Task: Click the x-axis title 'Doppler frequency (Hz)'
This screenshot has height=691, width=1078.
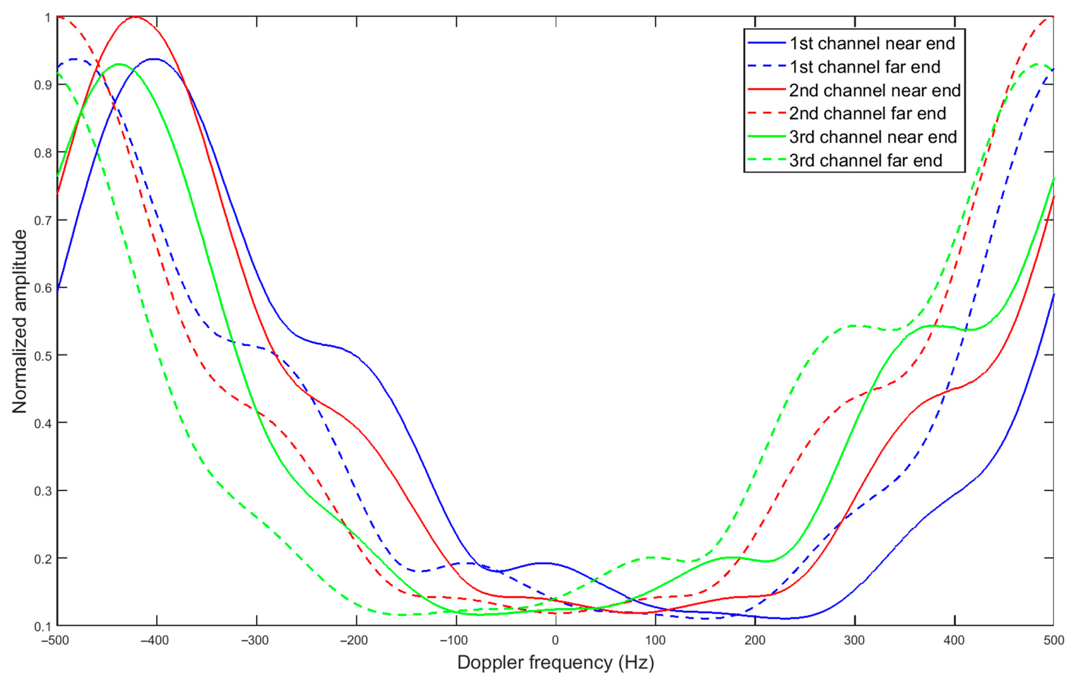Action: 555,662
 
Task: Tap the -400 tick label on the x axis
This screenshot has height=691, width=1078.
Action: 155,640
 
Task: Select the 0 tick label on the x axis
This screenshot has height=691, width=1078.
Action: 555,640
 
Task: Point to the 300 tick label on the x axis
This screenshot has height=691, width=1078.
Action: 854,640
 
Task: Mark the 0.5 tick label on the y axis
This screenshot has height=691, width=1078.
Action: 43,355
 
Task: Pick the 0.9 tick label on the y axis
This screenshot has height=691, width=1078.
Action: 43,85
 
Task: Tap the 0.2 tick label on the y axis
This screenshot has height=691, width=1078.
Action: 43,558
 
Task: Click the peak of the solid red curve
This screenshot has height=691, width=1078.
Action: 135,17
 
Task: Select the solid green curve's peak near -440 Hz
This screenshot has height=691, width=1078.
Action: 119,64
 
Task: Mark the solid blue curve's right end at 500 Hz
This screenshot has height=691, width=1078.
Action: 1053,295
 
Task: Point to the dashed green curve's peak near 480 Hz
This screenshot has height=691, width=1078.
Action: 1038,64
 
